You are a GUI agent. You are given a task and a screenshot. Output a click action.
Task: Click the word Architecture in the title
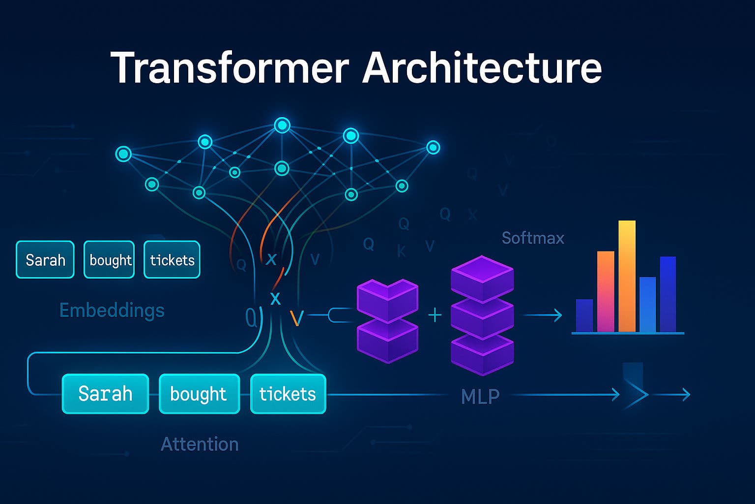[482, 68]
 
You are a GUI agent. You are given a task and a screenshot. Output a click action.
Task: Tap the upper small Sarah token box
[45, 260]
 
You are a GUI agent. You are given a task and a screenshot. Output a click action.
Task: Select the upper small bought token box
[109, 260]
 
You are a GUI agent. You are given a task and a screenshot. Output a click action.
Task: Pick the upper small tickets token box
[172, 260]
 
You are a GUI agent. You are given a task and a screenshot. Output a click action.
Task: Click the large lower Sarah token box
[105, 394]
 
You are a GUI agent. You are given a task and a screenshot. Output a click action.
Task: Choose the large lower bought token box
[199, 394]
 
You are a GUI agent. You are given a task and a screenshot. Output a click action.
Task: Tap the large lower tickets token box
[288, 394]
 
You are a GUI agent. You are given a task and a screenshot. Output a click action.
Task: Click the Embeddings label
[112, 311]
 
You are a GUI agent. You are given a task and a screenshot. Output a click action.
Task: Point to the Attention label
[200, 444]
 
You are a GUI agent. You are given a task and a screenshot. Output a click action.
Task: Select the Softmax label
[533, 238]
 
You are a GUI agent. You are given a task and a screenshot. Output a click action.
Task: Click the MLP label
[480, 396]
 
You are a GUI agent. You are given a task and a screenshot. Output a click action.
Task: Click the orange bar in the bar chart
[606, 291]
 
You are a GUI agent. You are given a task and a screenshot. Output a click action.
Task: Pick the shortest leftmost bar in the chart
[584, 315]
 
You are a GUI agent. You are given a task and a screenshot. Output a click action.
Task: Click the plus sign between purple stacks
[435, 315]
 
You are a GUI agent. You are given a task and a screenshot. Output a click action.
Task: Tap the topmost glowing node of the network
[282, 126]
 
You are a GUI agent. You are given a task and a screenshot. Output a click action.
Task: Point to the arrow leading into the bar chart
[543, 315]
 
